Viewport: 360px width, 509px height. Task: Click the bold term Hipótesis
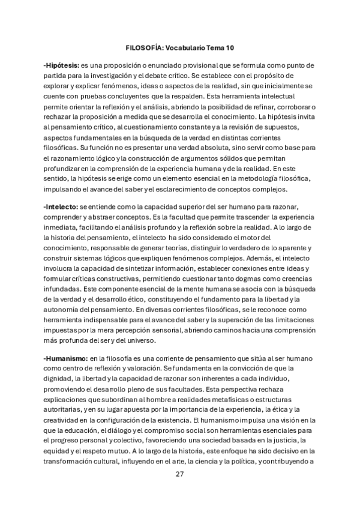pyautogui.click(x=62, y=64)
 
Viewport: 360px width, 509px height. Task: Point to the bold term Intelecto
pyautogui.click(x=61, y=206)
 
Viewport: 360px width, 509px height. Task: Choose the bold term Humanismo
pyautogui.click(x=65, y=358)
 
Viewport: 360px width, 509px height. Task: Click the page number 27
pyautogui.click(x=179, y=474)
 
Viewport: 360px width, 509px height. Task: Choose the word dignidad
pyautogui.click(x=62, y=381)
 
